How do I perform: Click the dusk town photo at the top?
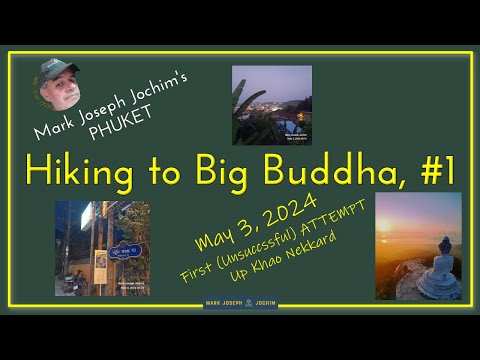point(271,105)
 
